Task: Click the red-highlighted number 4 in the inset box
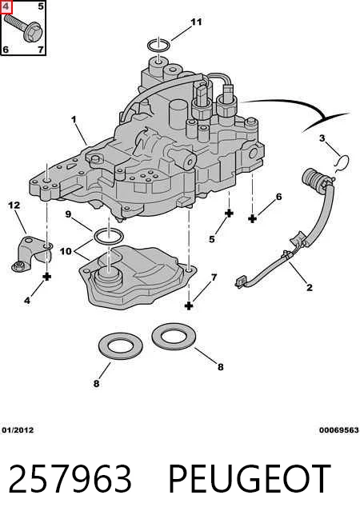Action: tap(6, 6)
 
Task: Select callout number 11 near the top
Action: tap(196, 22)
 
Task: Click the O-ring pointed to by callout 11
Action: tap(159, 45)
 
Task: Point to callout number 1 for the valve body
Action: tap(74, 119)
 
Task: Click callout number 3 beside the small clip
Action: tap(322, 138)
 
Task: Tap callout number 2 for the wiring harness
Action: tap(310, 287)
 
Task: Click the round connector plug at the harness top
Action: tap(314, 180)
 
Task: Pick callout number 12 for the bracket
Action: tap(14, 206)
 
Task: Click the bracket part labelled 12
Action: tap(32, 254)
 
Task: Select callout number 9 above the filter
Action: tap(68, 214)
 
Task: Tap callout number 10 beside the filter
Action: tap(66, 251)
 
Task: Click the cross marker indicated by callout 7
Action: tap(189, 305)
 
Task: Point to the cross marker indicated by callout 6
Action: tap(253, 219)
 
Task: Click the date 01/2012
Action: tap(18, 430)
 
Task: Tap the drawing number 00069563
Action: tap(338, 430)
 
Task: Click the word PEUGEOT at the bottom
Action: tap(250, 479)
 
